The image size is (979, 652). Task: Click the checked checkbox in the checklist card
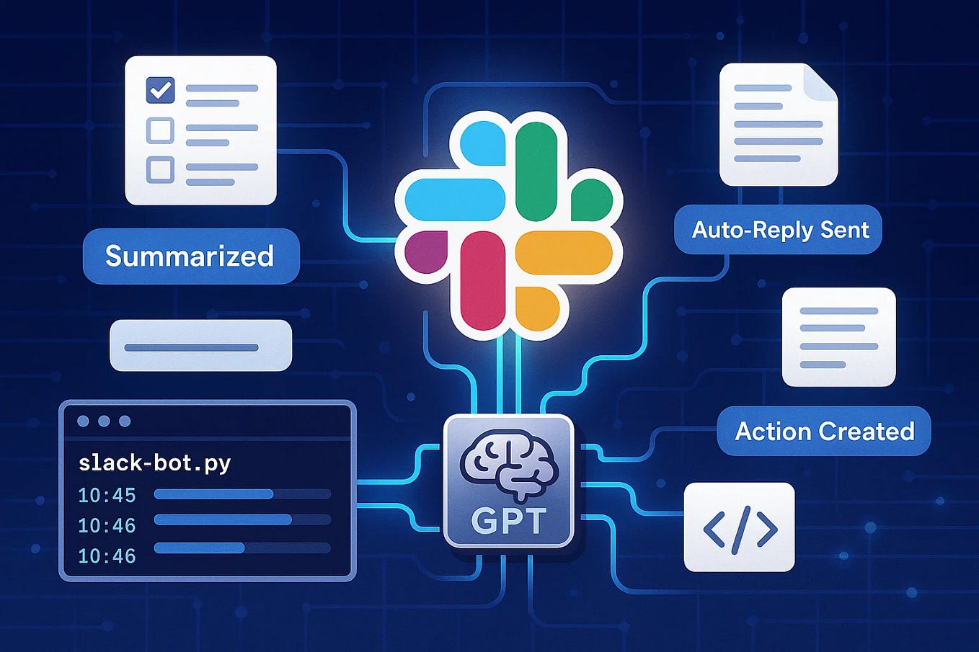coord(160,91)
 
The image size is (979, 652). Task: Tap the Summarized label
coord(190,256)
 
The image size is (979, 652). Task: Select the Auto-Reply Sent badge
coord(780,230)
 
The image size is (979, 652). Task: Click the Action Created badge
coord(824,431)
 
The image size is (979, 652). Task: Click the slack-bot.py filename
coord(154,463)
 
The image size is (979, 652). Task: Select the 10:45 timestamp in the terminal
coord(107,496)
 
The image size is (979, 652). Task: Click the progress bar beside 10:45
coord(242,494)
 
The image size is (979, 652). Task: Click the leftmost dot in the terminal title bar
coord(84,421)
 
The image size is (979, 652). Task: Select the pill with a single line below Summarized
coord(200,346)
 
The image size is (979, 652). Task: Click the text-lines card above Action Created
coord(838,337)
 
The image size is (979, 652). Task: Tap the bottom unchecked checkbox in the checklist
coord(160,169)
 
